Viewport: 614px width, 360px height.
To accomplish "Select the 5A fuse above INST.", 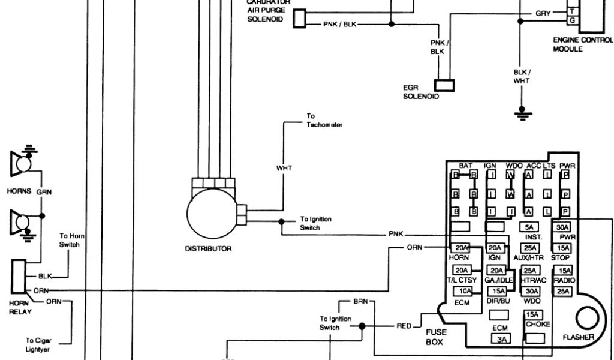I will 529,227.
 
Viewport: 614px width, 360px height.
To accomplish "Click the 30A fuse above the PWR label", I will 562,227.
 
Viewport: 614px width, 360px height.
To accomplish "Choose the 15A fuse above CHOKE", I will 531,314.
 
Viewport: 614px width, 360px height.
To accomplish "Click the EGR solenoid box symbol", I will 446,86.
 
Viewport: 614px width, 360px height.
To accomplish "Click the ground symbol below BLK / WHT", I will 520,113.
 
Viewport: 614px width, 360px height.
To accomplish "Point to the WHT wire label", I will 284,168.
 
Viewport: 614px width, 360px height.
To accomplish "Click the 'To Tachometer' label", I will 324,121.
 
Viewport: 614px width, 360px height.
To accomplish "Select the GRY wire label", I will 543,13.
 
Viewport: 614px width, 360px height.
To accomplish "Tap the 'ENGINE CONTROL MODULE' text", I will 583,44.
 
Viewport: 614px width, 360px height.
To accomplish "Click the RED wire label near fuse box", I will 404,326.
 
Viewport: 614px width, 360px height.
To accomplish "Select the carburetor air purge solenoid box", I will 300,19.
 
